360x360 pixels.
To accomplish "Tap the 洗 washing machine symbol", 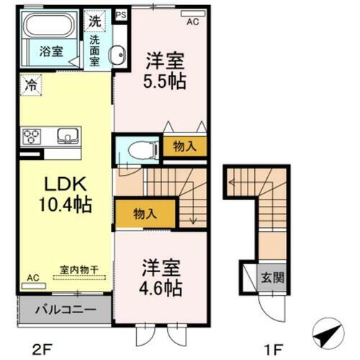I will (95, 22).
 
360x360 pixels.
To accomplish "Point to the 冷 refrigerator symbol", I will (30, 84).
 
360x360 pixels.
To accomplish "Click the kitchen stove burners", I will (33, 136).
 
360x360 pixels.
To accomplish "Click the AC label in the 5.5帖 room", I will (192, 22).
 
